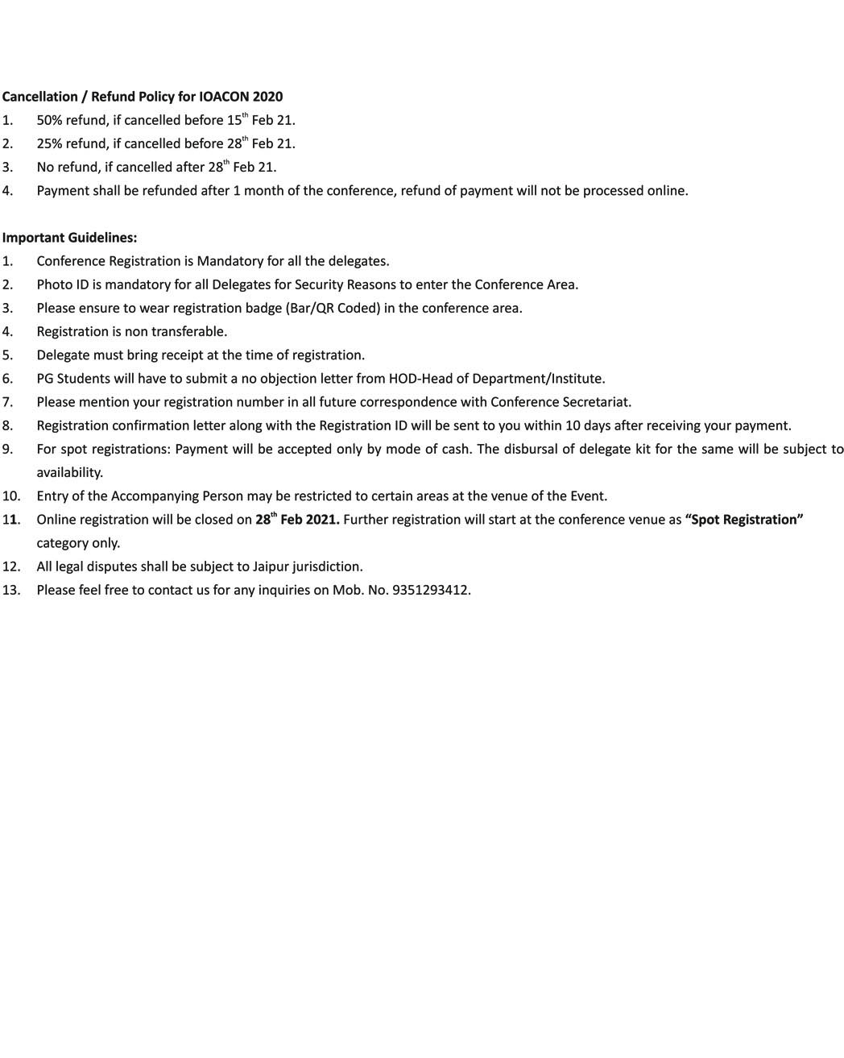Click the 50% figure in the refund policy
(50, 120)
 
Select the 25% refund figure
(50, 143)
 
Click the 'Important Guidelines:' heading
(69, 238)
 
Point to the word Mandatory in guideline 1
(230, 261)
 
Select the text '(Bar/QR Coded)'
(333, 308)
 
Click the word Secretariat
(597, 402)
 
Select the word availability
(69, 472)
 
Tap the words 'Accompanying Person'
(177, 496)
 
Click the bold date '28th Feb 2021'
(297, 520)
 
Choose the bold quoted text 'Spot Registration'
(744, 520)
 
